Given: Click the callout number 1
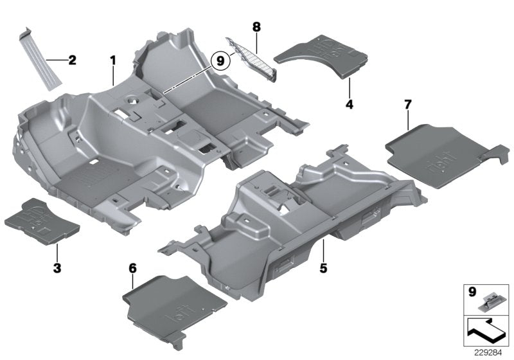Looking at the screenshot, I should tap(112, 61).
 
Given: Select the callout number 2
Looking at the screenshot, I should tap(72, 60).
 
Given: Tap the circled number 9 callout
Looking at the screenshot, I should tap(220, 61).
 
